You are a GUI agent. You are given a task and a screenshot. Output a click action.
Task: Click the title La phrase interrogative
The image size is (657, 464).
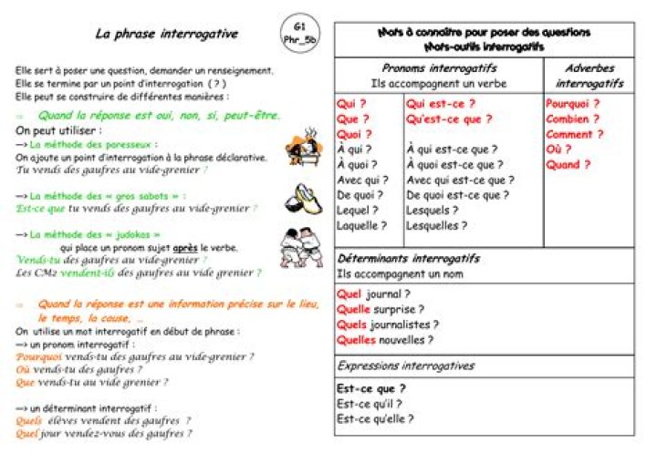point(167,35)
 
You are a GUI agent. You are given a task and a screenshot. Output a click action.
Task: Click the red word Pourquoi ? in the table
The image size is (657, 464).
point(572,103)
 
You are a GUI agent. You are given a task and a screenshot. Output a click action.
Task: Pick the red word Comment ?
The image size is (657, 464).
point(574,134)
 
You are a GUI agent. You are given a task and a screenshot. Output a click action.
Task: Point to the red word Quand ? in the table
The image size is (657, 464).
point(568,165)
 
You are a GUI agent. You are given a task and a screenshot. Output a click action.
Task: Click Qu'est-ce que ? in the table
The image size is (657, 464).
point(449,119)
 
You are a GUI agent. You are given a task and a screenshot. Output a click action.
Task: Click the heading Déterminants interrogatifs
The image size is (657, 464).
point(408,258)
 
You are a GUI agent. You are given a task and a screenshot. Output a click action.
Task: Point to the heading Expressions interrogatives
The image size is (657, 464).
point(405,366)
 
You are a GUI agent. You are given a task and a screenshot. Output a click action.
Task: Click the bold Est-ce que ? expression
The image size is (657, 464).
point(370,387)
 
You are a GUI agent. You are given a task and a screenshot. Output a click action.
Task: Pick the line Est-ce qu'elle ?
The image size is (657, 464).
point(375,418)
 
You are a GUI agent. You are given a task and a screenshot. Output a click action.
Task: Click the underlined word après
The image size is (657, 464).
point(185,246)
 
